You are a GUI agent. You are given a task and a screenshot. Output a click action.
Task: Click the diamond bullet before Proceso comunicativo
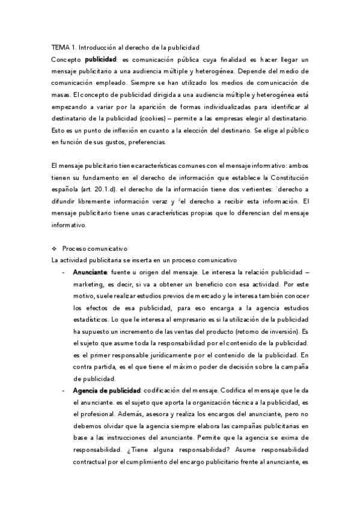54,248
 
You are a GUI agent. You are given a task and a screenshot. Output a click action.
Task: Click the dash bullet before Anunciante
64,272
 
